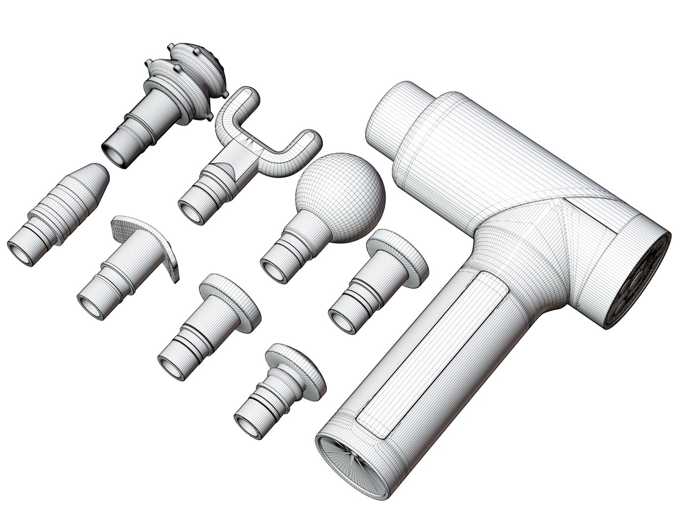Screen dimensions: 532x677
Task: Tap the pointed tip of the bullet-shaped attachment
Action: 101,172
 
